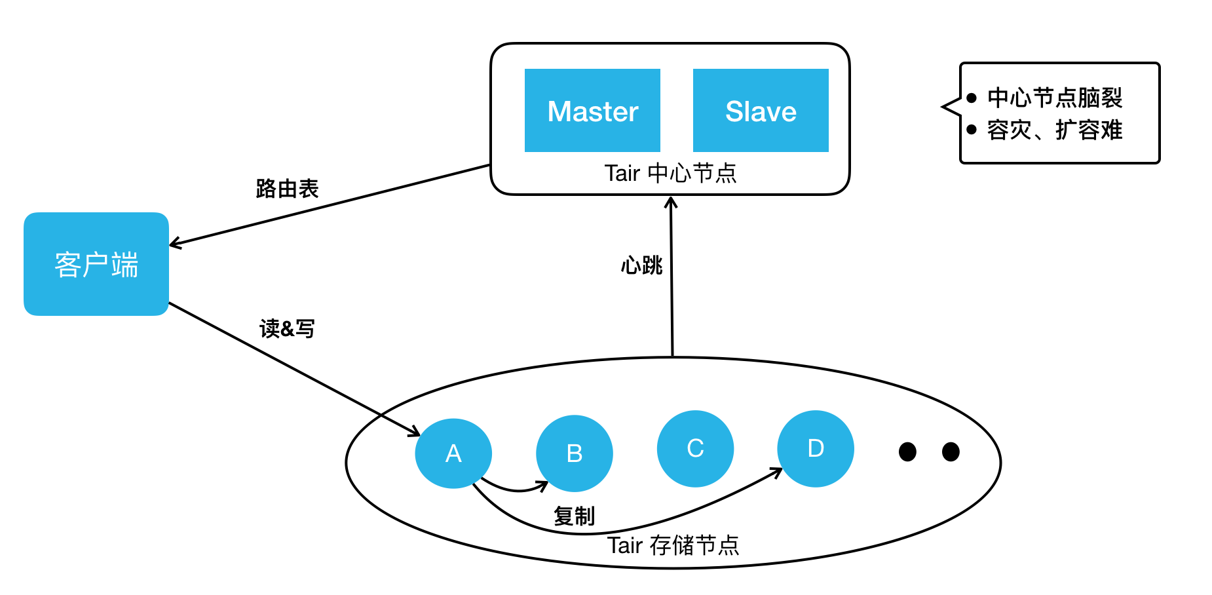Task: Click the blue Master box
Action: point(592,110)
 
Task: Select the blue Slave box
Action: point(761,110)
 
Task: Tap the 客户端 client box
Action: point(96,264)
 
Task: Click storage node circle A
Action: point(453,453)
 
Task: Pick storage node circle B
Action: point(575,453)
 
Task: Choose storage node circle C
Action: point(695,449)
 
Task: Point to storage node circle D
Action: point(816,449)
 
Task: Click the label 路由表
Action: point(287,189)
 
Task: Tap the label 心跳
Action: point(642,265)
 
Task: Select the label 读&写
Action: point(287,328)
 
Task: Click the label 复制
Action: point(574,516)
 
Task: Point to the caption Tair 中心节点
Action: point(670,174)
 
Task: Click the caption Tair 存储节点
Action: point(673,545)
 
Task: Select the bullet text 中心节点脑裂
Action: point(1055,98)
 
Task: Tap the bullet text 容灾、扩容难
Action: point(1055,130)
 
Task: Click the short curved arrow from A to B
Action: point(514,489)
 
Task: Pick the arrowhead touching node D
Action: point(778,471)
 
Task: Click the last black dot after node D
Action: point(951,451)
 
